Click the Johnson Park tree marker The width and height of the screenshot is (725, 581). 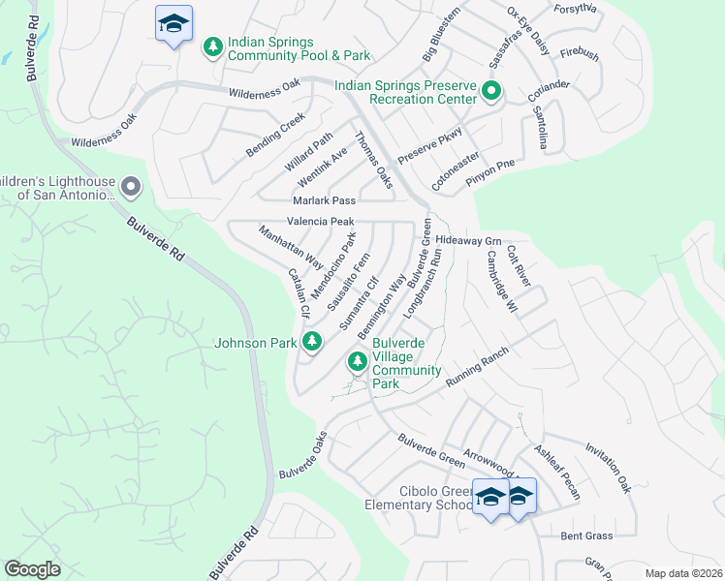312,341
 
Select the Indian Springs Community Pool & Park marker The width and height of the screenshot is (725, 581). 212,46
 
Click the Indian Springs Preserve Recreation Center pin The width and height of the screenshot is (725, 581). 491,93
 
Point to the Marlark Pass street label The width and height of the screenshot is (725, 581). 325,200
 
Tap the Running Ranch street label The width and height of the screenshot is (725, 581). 477,369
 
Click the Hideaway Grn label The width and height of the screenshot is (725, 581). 468,239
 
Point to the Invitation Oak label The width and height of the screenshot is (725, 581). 608,469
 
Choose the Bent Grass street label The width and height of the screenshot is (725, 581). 587,535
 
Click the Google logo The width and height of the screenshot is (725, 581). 33,569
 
